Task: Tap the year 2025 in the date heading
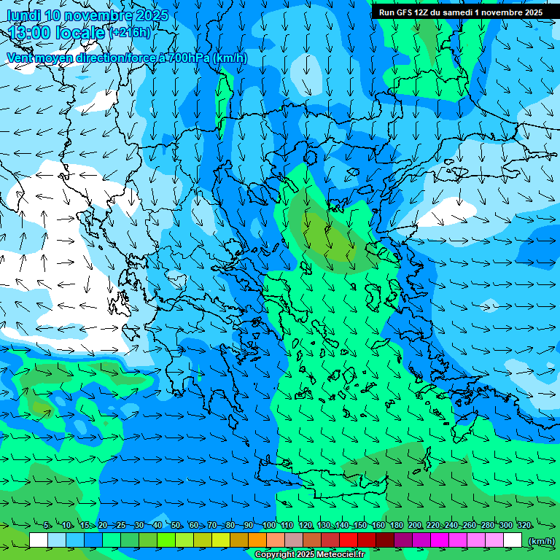151,15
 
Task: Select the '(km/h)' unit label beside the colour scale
541,541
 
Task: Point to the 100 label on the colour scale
268,526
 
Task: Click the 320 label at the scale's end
524,526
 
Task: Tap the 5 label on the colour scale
47,526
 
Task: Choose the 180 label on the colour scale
396,526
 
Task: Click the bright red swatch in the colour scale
349,540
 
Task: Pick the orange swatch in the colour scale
257,540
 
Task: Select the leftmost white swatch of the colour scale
39,540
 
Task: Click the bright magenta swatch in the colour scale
440,540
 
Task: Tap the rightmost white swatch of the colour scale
513,540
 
